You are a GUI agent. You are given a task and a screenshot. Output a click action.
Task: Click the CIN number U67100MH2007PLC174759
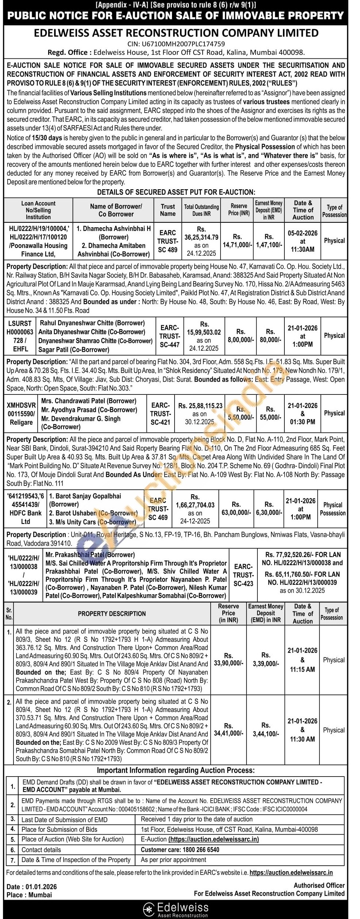[176, 44]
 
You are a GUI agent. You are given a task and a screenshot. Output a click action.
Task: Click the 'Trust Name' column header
[168, 210]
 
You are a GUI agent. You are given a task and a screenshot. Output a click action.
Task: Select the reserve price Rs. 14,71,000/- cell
[237, 241]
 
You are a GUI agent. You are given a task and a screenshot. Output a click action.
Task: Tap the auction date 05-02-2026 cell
[303, 233]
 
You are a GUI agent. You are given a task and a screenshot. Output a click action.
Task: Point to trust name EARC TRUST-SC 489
[168, 241]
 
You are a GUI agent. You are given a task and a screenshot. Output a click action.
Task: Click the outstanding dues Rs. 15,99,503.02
[204, 332]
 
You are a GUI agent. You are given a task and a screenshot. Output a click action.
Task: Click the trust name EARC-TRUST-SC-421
[160, 413]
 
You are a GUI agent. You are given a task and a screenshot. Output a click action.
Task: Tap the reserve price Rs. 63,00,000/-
[236, 508]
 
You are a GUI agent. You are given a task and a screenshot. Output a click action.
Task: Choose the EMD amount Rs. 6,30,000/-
[269, 508]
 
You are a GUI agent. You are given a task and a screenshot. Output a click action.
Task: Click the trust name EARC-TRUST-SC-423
[243, 575]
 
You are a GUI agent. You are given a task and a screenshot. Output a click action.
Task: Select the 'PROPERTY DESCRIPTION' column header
[112, 614]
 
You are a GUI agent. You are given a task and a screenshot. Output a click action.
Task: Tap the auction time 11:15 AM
[302, 670]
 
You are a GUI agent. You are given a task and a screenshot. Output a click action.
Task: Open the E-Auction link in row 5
[213, 839]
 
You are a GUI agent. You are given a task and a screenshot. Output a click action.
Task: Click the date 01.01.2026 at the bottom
[41, 887]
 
